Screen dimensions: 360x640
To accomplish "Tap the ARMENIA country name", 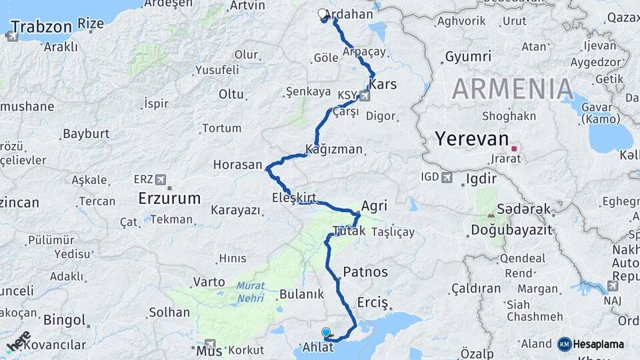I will (x=513, y=88).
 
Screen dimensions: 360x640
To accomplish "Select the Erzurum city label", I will (x=169, y=198).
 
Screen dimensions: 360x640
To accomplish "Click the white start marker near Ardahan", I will (x=323, y=14).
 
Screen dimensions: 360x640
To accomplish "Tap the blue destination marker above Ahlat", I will (x=326, y=332).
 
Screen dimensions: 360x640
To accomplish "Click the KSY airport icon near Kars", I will (x=364, y=95).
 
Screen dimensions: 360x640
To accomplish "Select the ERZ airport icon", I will (x=160, y=179).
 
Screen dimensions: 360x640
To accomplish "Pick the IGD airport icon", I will (x=446, y=177).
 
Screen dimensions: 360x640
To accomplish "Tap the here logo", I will (x=18, y=341).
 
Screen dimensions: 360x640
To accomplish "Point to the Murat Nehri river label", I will (x=250, y=291).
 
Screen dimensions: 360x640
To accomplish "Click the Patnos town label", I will (x=365, y=272).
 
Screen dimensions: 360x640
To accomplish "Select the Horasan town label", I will (x=237, y=164).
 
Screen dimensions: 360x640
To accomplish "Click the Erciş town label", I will (x=372, y=302).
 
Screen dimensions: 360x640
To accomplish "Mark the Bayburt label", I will (x=86, y=134).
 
